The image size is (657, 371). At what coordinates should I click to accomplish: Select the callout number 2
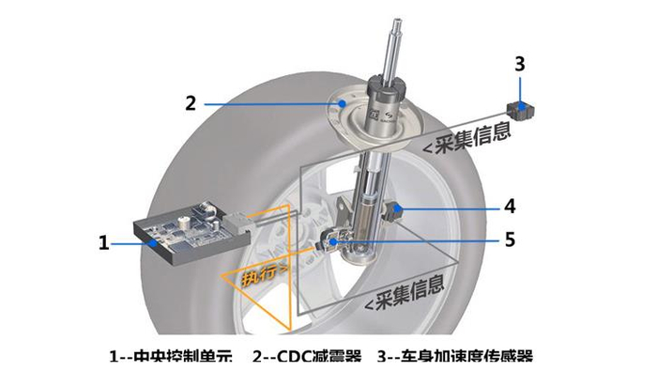[191, 102]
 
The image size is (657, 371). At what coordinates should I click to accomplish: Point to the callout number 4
[510, 205]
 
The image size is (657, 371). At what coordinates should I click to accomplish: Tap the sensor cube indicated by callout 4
[396, 208]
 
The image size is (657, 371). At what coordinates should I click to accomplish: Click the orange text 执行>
[262, 277]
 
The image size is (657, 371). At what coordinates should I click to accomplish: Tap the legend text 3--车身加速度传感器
[460, 357]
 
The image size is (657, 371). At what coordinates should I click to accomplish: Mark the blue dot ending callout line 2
[344, 102]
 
